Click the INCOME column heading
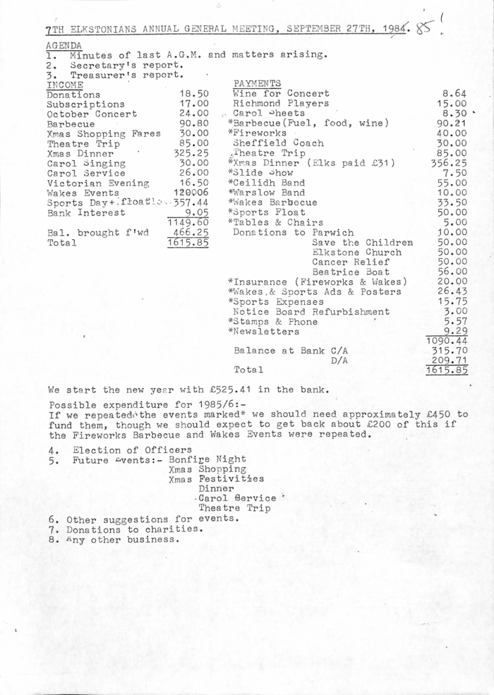[x=64, y=84]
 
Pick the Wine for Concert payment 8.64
[x=454, y=93]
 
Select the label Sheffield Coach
[x=279, y=143]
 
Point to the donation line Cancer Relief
[x=347, y=261]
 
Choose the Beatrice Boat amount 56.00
[x=452, y=271]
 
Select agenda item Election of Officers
[x=132, y=449]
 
